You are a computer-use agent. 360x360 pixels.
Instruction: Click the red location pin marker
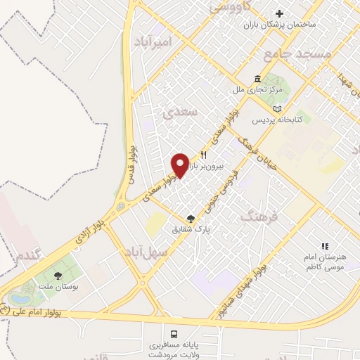(x=180, y=165)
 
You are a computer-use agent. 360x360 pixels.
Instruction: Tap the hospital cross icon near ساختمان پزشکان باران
(x=280, y=13)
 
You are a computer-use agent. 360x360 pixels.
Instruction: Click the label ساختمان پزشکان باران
(x=280, y=25)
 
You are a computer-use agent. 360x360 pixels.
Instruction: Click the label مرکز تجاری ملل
(x=259, y=91)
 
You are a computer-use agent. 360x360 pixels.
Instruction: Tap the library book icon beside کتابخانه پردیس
(x=278, y=109)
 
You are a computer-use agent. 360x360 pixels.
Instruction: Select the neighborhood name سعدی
(x=176, y=112)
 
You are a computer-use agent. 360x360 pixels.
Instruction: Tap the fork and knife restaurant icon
(x=204, y=155)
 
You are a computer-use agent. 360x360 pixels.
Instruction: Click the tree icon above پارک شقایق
(x=191, y=219)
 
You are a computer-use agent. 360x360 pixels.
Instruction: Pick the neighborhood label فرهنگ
(x=259, y=217)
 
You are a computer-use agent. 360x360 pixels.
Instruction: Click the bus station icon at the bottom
(x=173, y=333)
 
